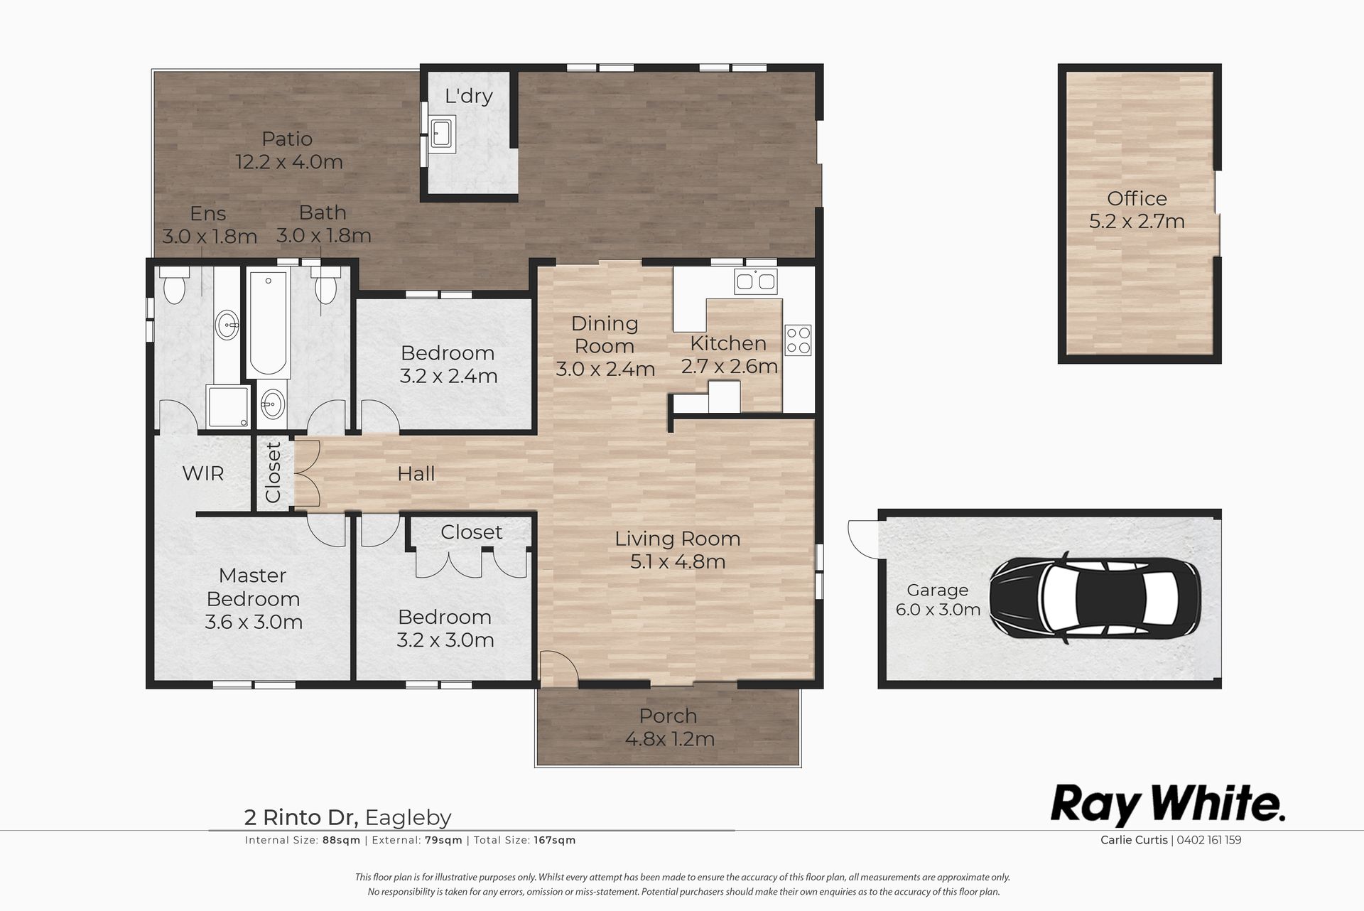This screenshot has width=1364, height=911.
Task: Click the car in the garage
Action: (1095, 598)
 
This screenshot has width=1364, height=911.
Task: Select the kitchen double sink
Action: (755, 281)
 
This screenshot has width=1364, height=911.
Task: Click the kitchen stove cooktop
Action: (798, 340)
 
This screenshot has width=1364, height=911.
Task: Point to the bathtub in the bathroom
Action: (268, 324)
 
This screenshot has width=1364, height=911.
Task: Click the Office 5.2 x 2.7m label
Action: (1137, 210)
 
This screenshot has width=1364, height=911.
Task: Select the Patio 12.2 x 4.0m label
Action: (288, 150)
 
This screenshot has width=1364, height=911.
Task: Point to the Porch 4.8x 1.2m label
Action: (669, 727)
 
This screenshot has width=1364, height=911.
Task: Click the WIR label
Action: (203, 473)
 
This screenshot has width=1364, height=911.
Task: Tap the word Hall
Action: (416, 473)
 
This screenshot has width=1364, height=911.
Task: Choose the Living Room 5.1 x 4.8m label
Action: (677, 550)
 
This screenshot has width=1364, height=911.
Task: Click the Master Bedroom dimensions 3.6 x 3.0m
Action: (254, 622)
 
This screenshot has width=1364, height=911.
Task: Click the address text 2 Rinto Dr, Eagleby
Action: (347, 818)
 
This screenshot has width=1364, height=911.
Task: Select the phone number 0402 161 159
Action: (1208, 840)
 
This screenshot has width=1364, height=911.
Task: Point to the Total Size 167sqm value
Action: (553, 840)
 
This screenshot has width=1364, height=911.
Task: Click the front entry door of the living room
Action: (558, 669)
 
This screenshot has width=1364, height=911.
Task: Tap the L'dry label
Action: (468, 96)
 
